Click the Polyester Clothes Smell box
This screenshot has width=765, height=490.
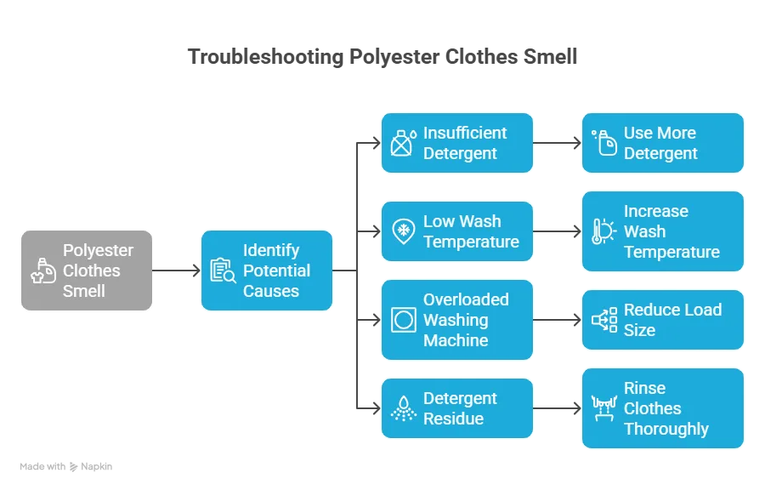tap(88, 271)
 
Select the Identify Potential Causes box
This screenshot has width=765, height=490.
tap(266, 271)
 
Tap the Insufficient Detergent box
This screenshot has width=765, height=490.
tap(457, 143)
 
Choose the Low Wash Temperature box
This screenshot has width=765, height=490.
tap(457, 231)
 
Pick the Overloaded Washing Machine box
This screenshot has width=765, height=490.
tap(457, 320)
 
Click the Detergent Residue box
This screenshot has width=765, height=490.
tap(457, 408)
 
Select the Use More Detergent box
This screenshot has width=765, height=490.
tap(663, 143)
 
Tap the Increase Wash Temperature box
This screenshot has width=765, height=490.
tap(663, 231)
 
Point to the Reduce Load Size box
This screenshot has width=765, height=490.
tap(663, 320)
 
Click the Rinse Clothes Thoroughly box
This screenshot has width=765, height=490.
tap(663, 408)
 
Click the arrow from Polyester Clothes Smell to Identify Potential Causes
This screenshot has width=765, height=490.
tap(177, 270)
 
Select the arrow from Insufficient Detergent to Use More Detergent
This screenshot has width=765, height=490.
tap(558, 143)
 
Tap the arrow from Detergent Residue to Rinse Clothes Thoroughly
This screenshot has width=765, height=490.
tap(558, 408)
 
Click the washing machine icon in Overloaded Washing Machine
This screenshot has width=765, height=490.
tap(403, 320)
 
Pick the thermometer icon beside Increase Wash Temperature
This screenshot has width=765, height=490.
tap(603, 231)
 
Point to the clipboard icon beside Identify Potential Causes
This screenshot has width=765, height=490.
tap(223, 271)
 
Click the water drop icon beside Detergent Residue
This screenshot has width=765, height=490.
tap(403, 408)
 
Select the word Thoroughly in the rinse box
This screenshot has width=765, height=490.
tap(666, 429)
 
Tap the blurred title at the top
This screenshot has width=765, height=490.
tap(382, 58)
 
